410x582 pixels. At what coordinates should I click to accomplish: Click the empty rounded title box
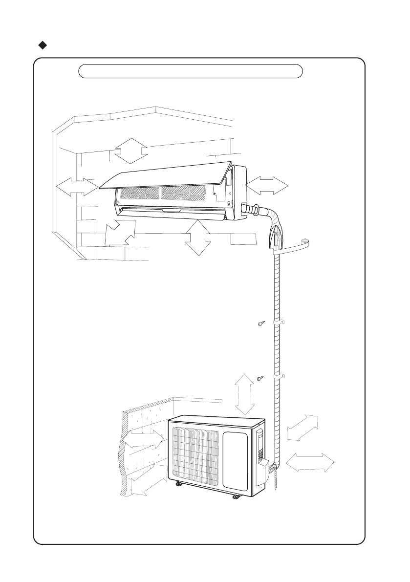tap(191, 71)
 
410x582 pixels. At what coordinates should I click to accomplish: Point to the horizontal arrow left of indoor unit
tap(77, 186)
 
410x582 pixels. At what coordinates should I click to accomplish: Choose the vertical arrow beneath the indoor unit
tap(198, 238)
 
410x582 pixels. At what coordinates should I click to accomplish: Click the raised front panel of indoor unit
tap(166, 174)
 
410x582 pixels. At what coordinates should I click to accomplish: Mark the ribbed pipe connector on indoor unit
tap(254, 210)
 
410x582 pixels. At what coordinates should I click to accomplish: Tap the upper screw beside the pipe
tap(260, 323)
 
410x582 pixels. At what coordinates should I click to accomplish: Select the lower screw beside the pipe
tap(260, 378)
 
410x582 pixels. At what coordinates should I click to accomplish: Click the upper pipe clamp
tap(280, 323)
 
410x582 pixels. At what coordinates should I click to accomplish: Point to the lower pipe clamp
tap(280, 377)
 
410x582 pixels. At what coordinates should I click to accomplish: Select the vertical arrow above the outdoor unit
tap(245, 393)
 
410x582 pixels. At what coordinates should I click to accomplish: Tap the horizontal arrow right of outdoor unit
tap(310, 462)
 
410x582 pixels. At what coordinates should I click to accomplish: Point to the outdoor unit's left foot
tap(179, 484)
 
